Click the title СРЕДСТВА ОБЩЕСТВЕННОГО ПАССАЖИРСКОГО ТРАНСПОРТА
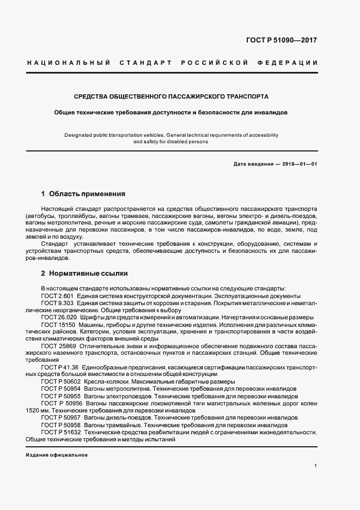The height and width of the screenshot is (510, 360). (171, 96)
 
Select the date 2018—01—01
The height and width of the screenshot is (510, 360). (299, 164)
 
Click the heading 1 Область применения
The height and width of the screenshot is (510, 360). (83, 193)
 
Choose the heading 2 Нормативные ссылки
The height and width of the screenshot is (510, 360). (84, 273)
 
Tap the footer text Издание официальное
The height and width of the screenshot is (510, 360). (57, 455)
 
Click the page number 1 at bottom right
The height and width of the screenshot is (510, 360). (315, 466)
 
